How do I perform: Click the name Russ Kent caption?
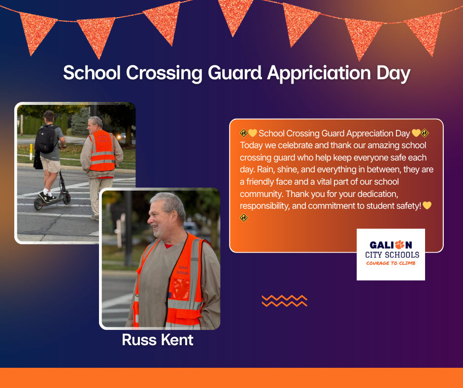coord(158,340)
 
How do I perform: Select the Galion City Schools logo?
coord(391,254)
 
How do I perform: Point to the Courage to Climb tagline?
coord(391,263)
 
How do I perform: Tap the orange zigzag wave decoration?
coord(284,301)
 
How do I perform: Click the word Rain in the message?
coord(248,169)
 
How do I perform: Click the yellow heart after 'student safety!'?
coord(427,206)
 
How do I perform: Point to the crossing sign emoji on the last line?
coord(244,218)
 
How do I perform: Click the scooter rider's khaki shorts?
coord(50,164)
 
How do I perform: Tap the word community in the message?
coord(261,194)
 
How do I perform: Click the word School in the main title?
coord(92,73)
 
